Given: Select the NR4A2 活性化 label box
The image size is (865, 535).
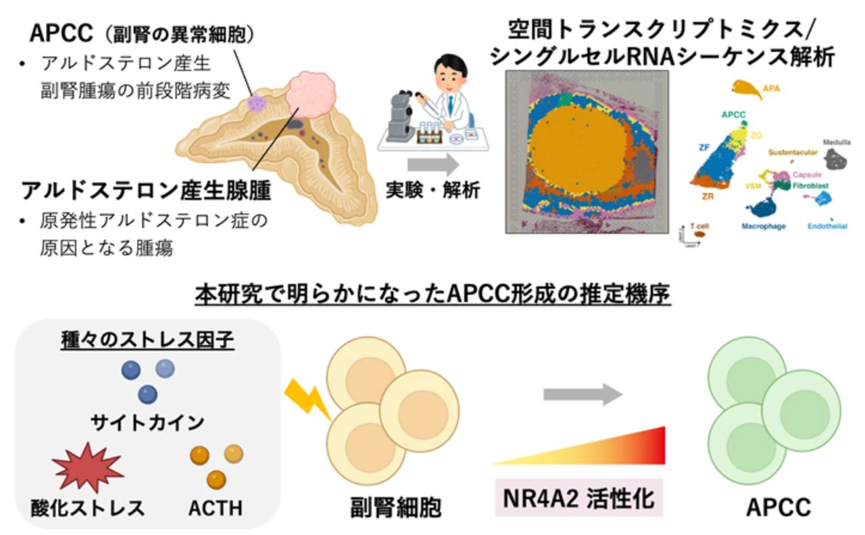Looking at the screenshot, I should (578, 499).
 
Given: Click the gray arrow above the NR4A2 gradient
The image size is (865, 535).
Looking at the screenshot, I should (582, 393).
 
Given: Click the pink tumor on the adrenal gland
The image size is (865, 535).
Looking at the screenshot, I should (312, 97).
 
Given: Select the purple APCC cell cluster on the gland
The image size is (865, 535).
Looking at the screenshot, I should (257, 103).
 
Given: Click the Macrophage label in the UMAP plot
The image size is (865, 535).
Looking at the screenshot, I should (763, 226).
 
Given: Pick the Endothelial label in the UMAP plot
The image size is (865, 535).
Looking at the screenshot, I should (826, 226).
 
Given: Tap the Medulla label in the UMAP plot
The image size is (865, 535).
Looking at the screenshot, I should (837, 143).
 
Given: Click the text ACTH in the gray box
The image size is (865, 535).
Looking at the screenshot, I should (216, 508).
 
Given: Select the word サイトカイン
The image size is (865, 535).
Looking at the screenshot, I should (147, 423).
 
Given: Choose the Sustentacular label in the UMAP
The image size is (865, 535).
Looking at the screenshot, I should (793, 153).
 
